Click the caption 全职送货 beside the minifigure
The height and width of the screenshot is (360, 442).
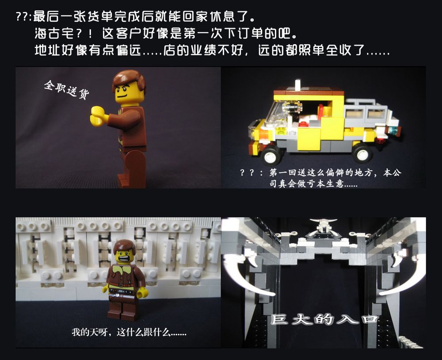pyautogui.click(x=67, y=89)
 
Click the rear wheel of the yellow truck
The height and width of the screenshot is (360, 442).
pyautogui.click(x=362, y=152)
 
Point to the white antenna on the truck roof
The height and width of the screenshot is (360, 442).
pyautogui.click(x=297, y=84)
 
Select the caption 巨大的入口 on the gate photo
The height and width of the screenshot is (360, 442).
pyautogui.click(x=324, y=319)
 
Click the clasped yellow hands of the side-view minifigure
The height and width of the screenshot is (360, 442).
pyautogui.click(x=98, y=116)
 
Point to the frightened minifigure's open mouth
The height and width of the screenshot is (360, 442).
pyautogui.click(x=125, y=258)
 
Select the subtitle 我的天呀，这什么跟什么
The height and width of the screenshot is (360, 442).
pyautogui.click(x=129, y=332)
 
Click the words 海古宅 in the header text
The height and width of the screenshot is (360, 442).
pyautogui.click(x=54, y=34)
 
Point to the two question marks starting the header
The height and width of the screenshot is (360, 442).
pyautogui.click(x=21, y=16)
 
